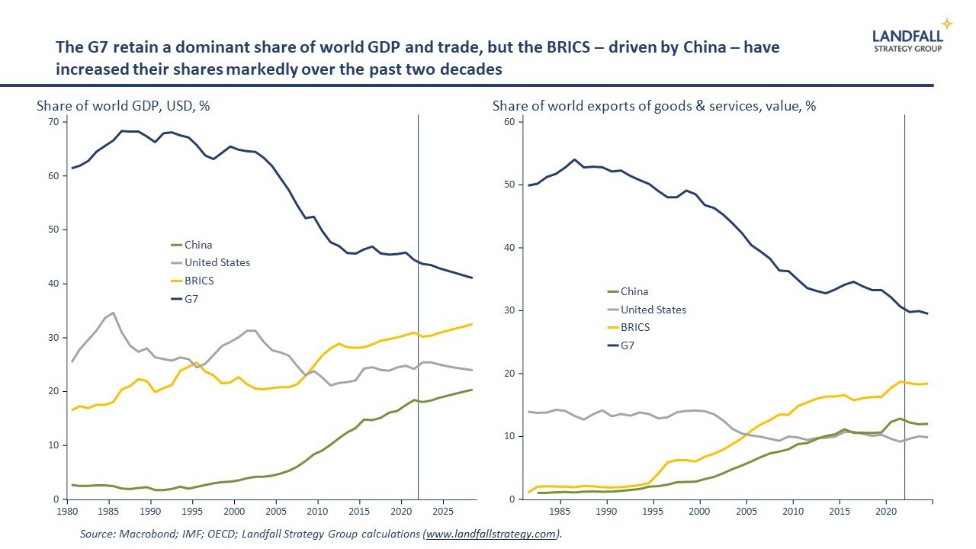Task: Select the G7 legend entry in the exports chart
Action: (x=628, y=345)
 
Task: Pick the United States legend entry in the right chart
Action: (x=653, y=310)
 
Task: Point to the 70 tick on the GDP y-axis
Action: (x=53, y=122)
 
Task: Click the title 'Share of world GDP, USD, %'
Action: (x=123, y=106)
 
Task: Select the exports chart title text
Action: (x=654, y=106)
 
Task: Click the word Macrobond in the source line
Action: (x=149, y=535)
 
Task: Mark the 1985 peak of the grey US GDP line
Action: (x=113, y=313)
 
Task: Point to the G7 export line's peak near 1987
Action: (x=574, y=159)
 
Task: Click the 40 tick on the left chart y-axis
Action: (x=53, y=284)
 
